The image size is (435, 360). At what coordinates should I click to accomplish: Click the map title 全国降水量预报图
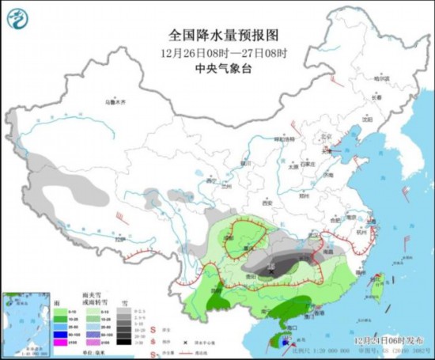tap(217, 35)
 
